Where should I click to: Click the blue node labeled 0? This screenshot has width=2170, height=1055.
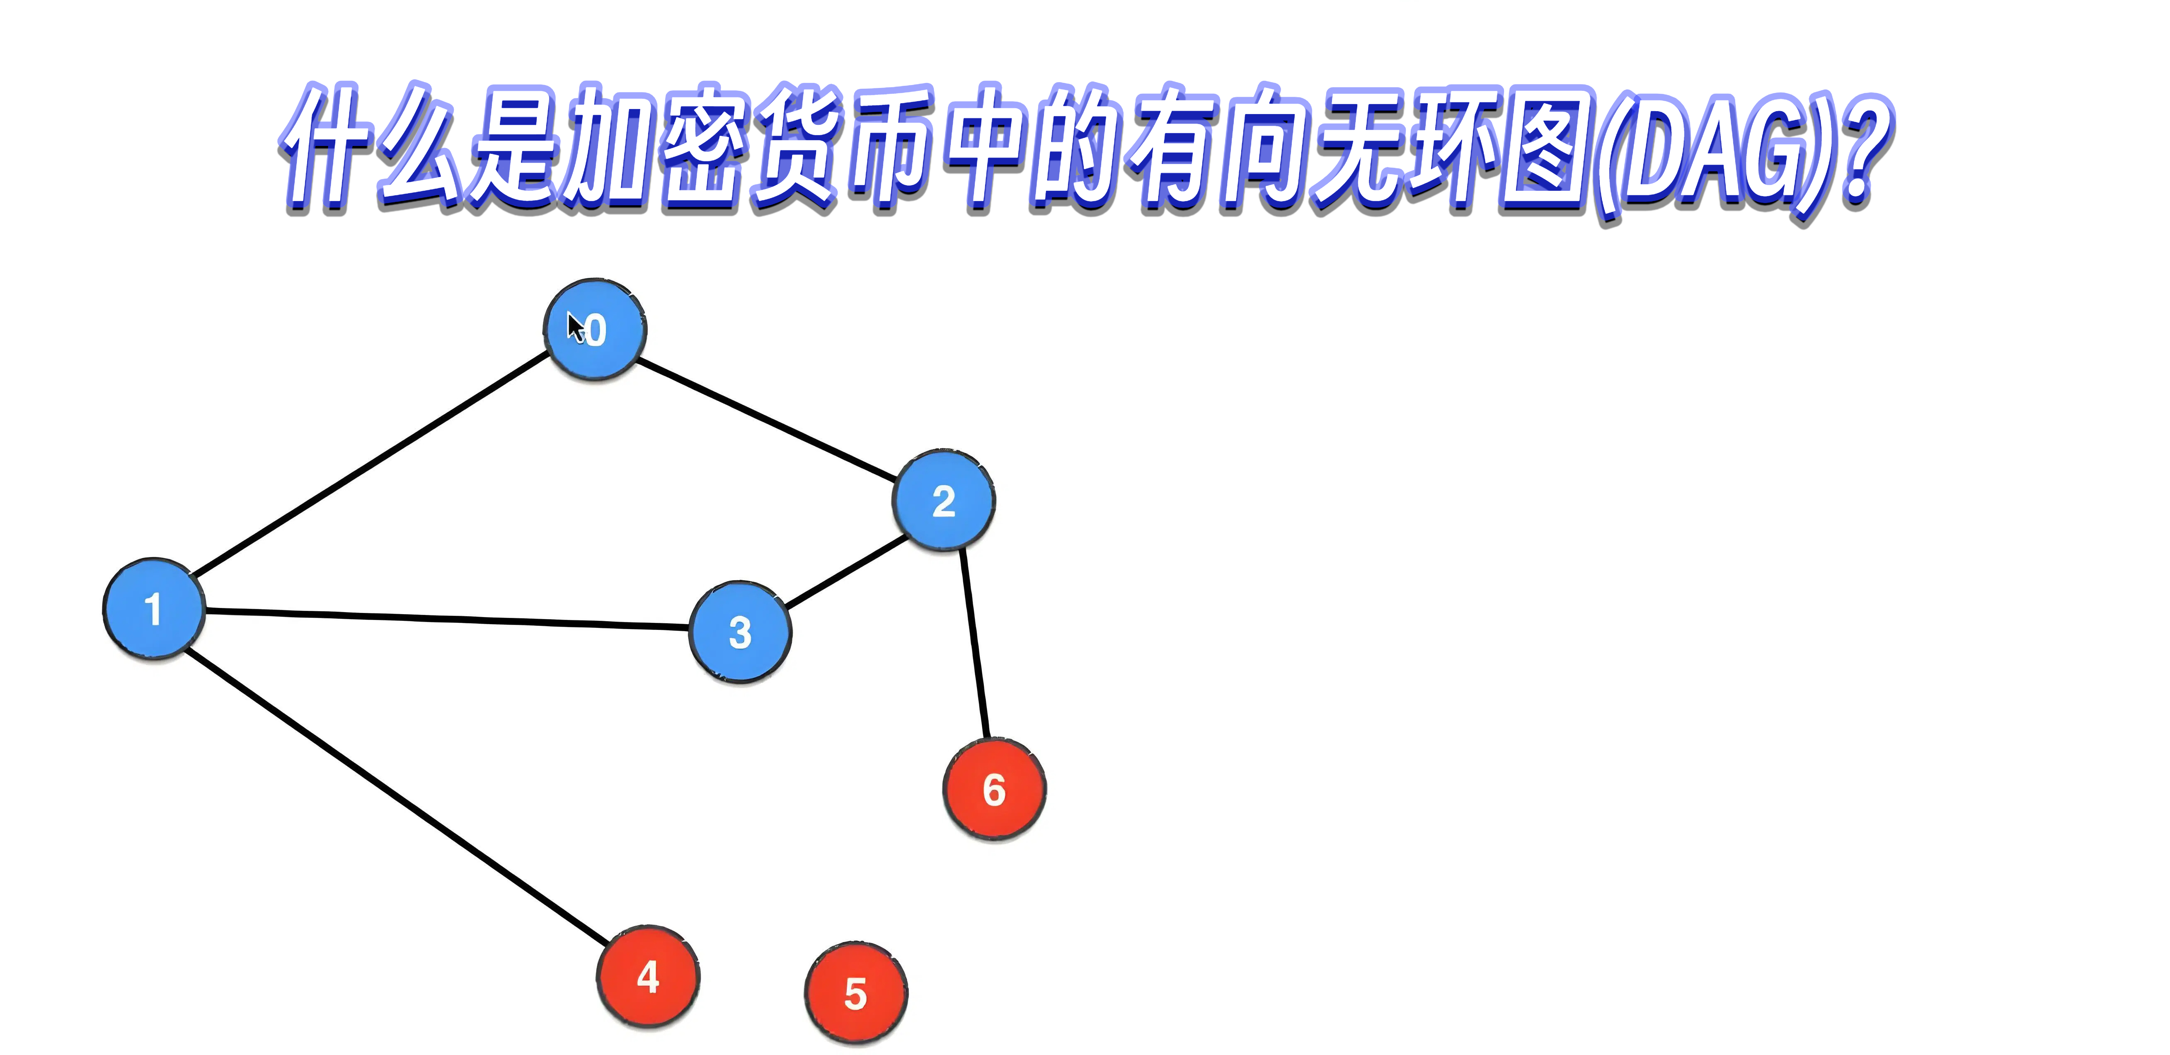point(595,329)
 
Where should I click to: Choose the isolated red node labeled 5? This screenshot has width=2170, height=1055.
point(856,993)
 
